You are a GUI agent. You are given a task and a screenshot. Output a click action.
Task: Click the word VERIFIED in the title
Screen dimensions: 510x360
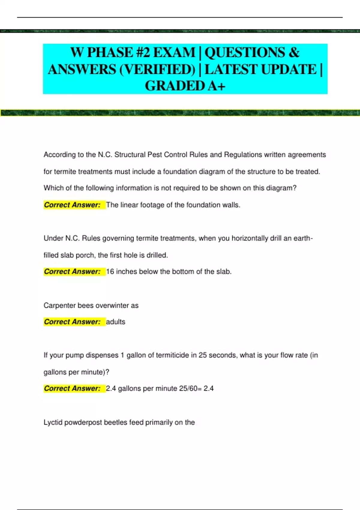157,70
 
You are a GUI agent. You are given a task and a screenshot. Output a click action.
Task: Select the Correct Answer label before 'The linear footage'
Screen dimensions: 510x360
72,205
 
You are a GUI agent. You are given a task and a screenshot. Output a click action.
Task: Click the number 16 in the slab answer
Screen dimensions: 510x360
110,272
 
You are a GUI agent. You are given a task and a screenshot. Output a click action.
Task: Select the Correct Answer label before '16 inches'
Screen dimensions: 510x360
72,272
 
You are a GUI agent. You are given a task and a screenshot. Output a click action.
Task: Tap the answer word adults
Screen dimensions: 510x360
115,322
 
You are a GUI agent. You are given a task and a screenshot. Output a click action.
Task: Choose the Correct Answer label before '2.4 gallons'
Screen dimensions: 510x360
72,388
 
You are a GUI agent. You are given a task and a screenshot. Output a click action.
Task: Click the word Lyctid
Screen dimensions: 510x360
53,422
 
